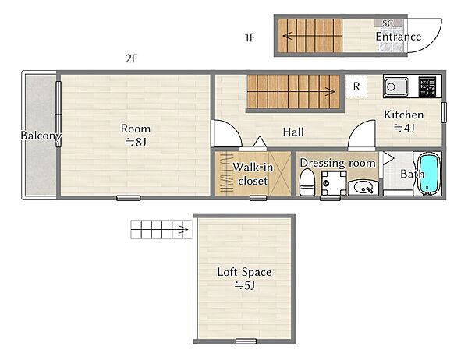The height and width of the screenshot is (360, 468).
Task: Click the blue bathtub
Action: click(430, 173)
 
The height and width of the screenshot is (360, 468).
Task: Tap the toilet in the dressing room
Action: click(307, 182)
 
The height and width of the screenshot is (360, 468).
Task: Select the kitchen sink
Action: click(395, 87)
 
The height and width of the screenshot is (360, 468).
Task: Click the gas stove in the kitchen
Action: click(427, 86)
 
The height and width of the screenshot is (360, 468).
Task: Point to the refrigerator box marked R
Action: click(356, 86)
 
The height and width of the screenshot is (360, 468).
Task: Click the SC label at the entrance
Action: click(388, 23)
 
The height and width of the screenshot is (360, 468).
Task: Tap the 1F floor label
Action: click(250, 37)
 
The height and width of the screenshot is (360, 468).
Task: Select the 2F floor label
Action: click(132, 58)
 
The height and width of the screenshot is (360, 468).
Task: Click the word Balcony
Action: click(41, 136)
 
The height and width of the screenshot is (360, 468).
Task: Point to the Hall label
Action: click(293, 132)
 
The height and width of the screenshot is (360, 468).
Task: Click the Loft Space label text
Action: click(244, 272)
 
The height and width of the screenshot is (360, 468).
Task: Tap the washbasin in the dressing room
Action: click(363, 188)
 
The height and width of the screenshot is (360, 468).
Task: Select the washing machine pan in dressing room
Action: click(333, 183)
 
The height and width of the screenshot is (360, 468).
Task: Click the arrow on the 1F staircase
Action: click(312, 36)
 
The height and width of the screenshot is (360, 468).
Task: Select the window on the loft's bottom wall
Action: click(246, 341)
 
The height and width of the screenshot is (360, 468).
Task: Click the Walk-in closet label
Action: click(253, 174)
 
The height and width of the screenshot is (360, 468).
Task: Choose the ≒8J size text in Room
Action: click(136, 143)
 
